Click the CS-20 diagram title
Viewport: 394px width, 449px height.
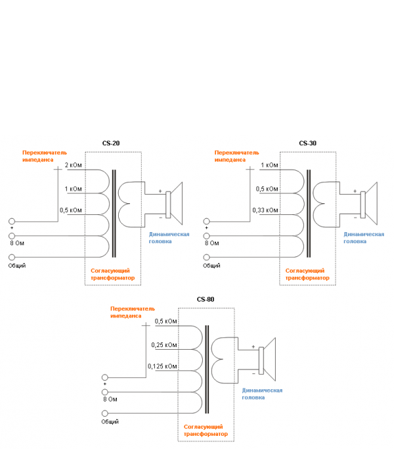point(110,143)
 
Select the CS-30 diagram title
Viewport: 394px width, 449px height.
point(307,143)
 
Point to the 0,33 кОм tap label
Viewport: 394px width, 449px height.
point(265,210)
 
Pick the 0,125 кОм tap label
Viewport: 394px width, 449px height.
point(162,366)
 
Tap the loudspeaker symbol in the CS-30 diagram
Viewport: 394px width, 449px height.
point(370,202)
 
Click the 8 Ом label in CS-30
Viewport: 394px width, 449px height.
point(211,243)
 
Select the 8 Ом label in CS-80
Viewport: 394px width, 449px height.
point(110,399)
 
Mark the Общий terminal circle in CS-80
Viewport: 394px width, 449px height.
point(104,413)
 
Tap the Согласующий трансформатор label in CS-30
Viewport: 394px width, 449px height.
point(307,274)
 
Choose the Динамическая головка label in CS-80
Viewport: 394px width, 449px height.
point(263,393)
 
